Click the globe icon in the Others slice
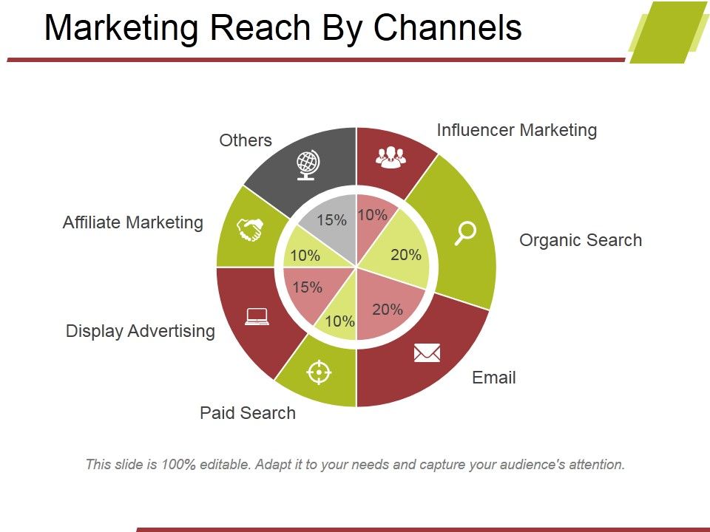coord(307,165)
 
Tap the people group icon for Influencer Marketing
coord(390,155)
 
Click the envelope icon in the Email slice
coord(427,352)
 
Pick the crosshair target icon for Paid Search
coord(319,372)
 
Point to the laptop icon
coord(257,316)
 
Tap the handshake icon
coord(250,231)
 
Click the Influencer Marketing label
coord(516,131)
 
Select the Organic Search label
coord(581,240)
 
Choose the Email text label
coord(493,378)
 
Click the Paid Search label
coord(248,413)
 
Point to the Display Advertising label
coord(141,331)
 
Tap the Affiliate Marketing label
coord(133,222)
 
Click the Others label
coord(246,140)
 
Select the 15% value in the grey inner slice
coord(331,220)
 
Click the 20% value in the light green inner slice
coord(406,255)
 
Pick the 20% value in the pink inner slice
coord(388,310)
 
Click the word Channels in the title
coord(448,28)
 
